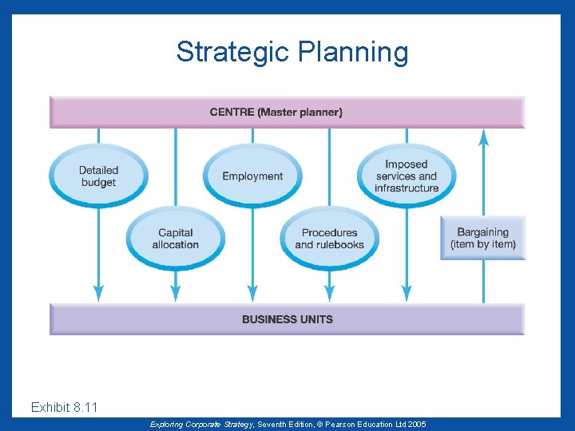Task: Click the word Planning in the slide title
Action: tap(352, 53)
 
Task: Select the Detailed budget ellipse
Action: tap(98, 176)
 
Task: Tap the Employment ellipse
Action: tap(252, 176)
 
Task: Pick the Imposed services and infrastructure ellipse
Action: tap(406, 176)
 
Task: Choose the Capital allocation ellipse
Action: tap(175, 239)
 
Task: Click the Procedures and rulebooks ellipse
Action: tap(329, 239)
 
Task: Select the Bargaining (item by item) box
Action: tap(483, 238)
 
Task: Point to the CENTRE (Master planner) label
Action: tap(276, 113)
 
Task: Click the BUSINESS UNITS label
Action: tap(287, 319)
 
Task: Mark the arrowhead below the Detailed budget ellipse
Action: tap(98, 294)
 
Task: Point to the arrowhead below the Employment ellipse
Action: tap(252, 294)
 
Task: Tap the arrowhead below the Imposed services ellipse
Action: tap(406, 294)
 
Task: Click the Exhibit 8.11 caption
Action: tap(64, 408)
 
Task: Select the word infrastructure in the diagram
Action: tap(406, 188)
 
